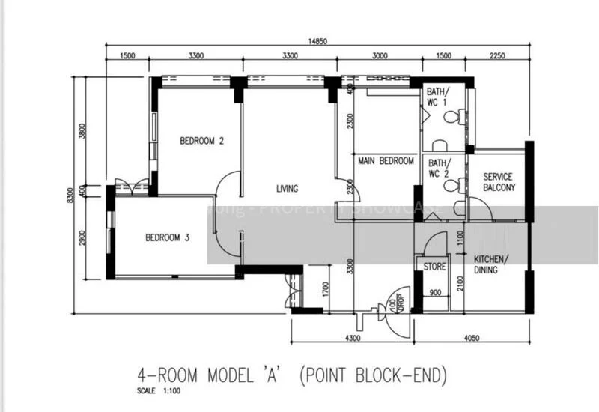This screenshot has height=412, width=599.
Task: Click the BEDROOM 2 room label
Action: pos(201,140)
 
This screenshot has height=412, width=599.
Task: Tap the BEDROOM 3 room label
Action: pos(167,238)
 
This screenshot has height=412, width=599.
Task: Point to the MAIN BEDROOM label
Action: pos(386,161)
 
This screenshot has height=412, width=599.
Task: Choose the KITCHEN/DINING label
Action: pos(490,264)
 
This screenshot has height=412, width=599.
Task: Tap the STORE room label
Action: pos(435,267)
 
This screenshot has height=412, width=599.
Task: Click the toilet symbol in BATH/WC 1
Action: pos(451,117)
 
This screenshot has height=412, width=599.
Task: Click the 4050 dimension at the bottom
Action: pos(472,339)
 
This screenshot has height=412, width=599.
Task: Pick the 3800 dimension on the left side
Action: pos(83,131)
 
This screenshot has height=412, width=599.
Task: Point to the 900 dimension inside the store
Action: pos(435,293)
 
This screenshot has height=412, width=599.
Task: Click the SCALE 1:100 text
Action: pos(159,390)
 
